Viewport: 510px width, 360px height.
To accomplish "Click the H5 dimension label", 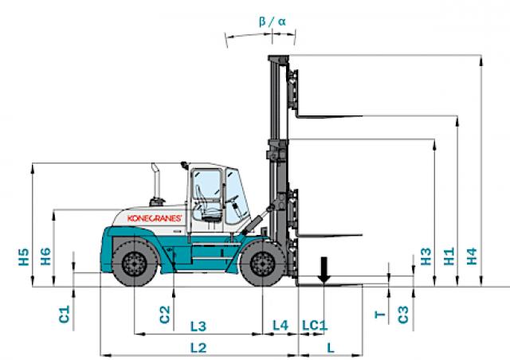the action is pyautogui.click(x=24, y=257).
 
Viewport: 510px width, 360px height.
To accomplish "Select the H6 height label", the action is pyautogui.click(x=46, y=256).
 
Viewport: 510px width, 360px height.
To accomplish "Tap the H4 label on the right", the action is pyautogui.click(x=472, y=256).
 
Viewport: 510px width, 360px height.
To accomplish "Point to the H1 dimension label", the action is pyautogui.click(x=449, y=256).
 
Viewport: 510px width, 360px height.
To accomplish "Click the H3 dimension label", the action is pyautogui.click(x=426, y=256).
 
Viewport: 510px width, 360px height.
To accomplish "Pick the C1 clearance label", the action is pyautogui.click(x=65, y=314).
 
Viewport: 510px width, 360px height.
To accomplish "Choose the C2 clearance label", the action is pyautogui.click(x=165, y=315).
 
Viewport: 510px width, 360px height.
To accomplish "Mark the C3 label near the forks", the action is pyautogui.click(x=403, y=315).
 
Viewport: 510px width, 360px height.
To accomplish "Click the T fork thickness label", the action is pyautogui.click(x=380, y=315).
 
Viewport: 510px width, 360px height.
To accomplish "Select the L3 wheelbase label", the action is pyautogui.click(x=198, y=327).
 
